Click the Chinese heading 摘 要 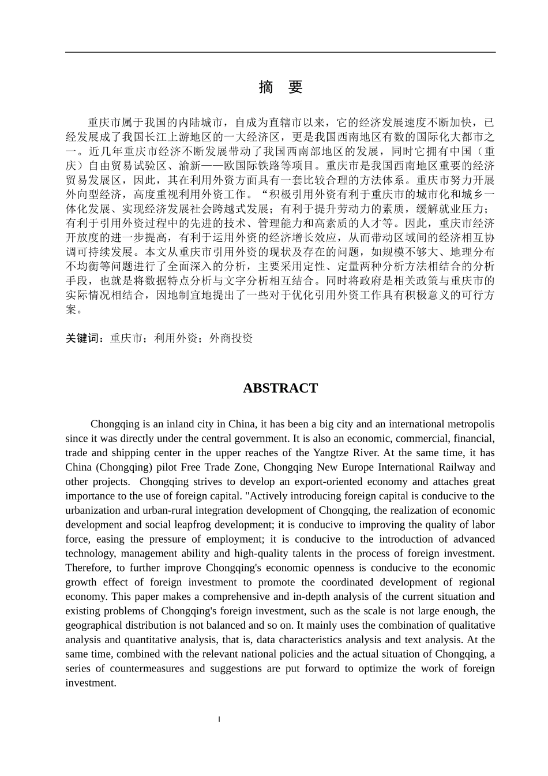tap(280, 87)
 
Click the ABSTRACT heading tap(280, 388)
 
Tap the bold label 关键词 tap(84, 338)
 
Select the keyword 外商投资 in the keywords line tap(231, 338)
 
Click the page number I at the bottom tap(219, 719)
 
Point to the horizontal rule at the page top tap(280, 53)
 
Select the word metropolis tap(468, 424)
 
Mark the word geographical tap(93, 625)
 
